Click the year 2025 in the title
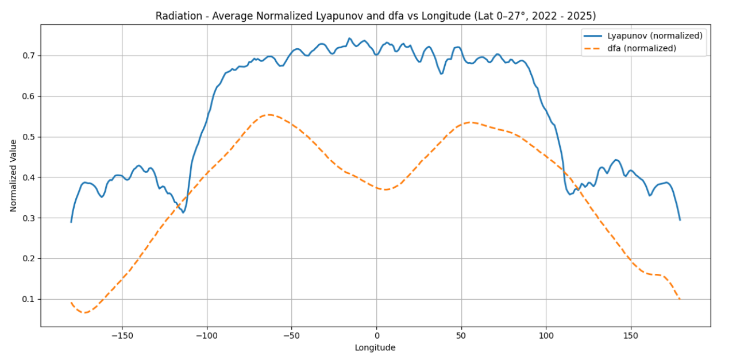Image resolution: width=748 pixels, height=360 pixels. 582,16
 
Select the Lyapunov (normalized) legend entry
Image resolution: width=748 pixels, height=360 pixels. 654,36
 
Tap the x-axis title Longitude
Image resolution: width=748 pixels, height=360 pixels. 375,347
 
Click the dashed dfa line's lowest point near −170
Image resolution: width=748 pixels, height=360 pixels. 85,312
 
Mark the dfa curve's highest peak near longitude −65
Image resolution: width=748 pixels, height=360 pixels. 268,115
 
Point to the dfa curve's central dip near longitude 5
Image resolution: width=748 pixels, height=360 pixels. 385,189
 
